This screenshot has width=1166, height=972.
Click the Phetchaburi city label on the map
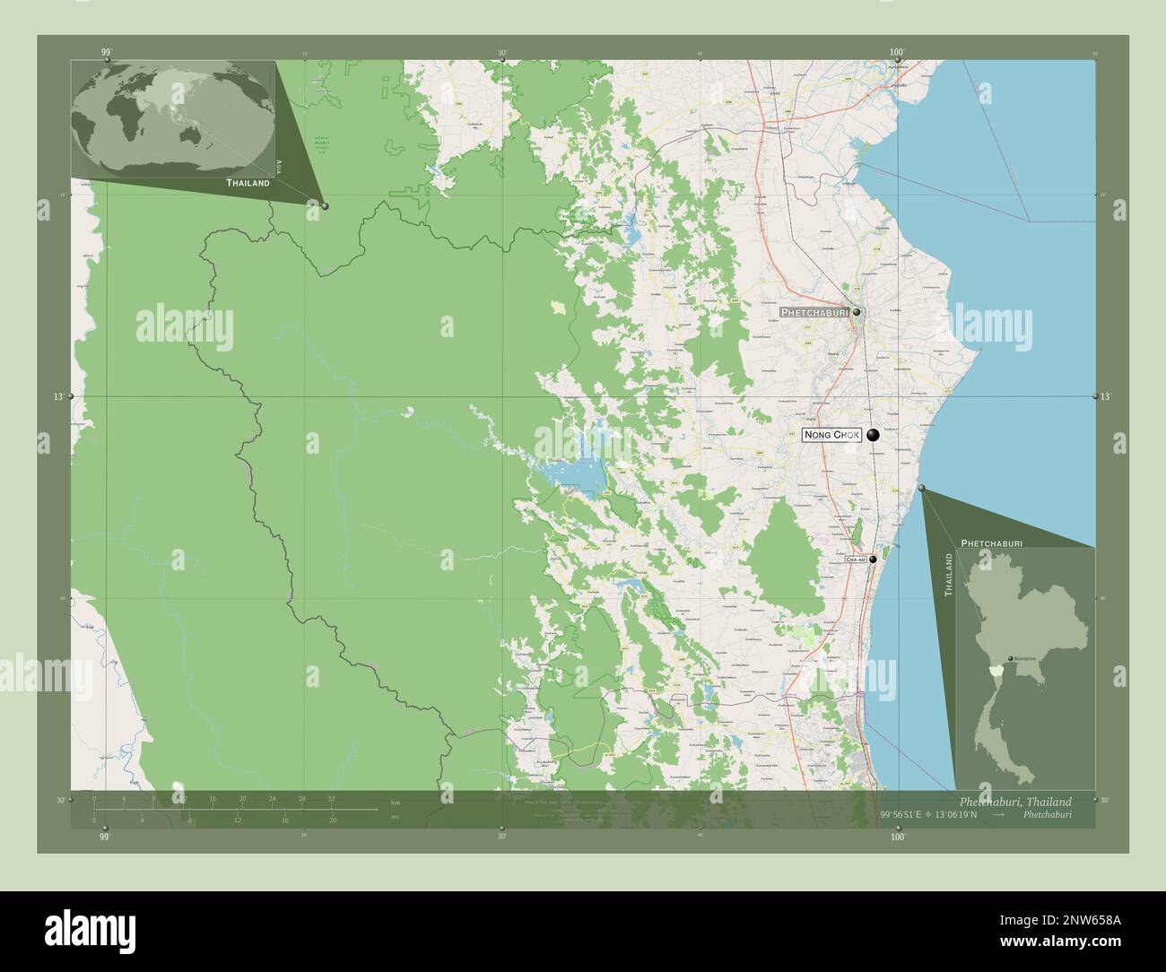pyautogui.click(x=814, y=312)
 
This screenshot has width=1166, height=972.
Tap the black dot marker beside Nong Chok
pyautogui.click(x=872, y=435)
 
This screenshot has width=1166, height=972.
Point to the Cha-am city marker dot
pyautogui.click(x=872, y=559)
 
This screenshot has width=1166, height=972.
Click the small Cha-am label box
pyautogui.click(x=856, y=559)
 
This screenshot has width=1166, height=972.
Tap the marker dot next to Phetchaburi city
pyautogui.click(x=857, y=312)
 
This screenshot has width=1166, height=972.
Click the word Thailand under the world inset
pyautogui.click(x=248, y=183)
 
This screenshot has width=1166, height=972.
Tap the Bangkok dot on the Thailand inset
pyautogui.click(x=1012, y=658)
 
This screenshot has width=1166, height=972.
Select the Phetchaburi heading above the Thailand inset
pyautogui.click(x=991, y=543)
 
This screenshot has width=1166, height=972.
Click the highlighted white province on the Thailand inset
pyautogui.click(x=993, y=671)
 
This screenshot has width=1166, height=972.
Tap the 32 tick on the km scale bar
pyautogui.click(x=331, y=799)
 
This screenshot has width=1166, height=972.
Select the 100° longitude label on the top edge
pyautogui.click(x=897, y=53)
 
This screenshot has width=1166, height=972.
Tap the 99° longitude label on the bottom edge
pyautogui.click(x=105, y=837)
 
